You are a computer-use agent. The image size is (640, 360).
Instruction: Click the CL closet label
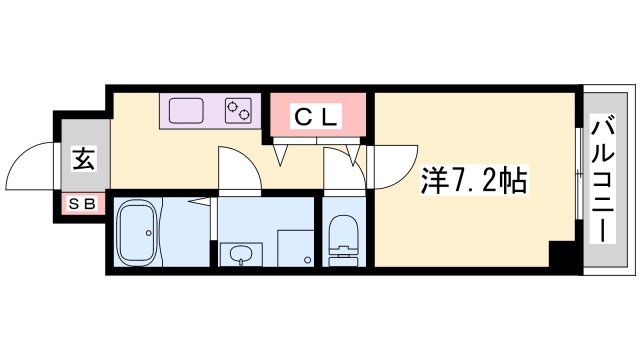(x=316, y=117)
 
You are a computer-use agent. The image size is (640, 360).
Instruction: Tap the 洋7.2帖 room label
(x=473, y=180)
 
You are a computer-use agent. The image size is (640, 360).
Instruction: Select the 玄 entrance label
(x=84, y=159)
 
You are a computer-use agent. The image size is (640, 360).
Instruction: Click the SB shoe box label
(x=82, y=204)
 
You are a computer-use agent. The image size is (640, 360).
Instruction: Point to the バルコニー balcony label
(x=603, y=180)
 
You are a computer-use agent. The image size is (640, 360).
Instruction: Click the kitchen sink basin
(x=186, y=111)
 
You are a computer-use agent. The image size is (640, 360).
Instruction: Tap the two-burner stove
(x=238, y=111)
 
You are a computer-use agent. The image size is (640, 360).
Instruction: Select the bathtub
(x=137, y=231)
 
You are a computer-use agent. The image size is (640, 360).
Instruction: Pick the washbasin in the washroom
(x=241, y=255)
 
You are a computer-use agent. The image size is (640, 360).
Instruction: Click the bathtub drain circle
(x=149, y=233)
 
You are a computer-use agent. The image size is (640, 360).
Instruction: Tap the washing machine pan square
(x=296, y=248)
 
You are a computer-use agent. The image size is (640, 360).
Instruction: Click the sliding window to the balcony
(x=579, y=174)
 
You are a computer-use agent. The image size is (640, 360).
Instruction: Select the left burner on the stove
(x=233, y=106)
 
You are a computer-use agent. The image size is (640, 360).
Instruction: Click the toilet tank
(x=343, y=260)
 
